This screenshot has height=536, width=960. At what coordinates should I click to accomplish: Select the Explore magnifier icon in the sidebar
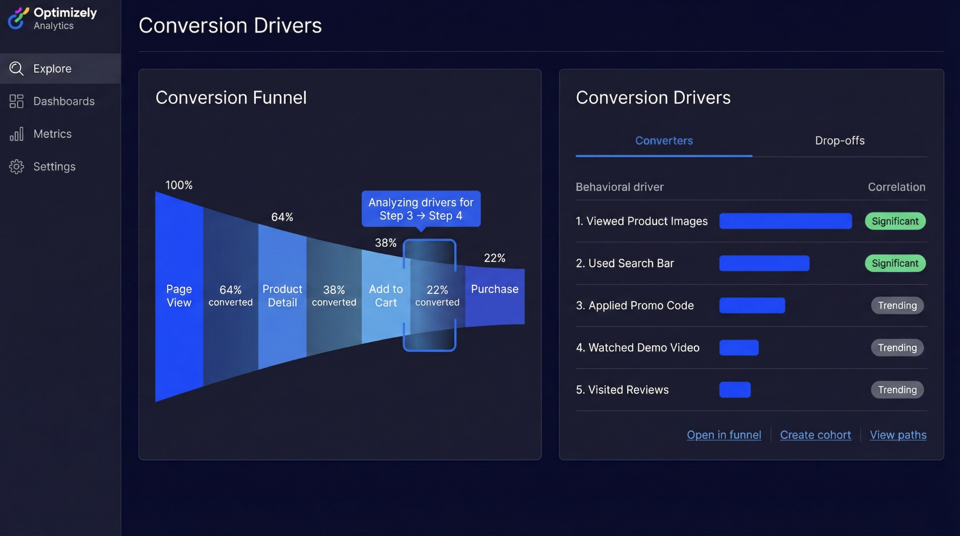(16, 68)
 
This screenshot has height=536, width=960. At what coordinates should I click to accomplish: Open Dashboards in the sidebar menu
(64, 101)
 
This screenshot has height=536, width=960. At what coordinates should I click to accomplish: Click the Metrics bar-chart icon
(16, 134)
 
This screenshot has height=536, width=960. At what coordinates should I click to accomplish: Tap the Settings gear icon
(16, 166)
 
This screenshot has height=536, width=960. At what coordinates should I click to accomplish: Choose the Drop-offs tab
(839, 141)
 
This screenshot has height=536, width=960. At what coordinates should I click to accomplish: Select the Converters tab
(664, 141)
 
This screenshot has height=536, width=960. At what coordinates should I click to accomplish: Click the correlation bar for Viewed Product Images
(785, 221)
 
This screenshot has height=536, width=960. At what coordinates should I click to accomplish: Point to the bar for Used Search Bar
(764, 263)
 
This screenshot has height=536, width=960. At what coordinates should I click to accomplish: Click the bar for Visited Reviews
(735, 390)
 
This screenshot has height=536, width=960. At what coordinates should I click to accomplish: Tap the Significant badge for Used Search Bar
(895, 263)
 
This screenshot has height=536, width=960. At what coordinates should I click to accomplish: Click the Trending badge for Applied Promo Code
(897, 306)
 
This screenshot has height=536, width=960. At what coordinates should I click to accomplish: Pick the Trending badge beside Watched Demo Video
(897, 348)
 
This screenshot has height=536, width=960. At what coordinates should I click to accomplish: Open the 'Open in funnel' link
(724, 435)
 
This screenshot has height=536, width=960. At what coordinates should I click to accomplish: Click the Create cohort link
(815, 435)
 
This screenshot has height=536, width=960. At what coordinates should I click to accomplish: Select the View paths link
(898, 435)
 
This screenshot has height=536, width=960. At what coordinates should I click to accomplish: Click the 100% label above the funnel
(179, 185)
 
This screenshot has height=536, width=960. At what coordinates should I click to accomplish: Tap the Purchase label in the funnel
(494, 289)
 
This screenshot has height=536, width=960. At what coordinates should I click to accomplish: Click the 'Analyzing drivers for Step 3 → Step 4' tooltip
(421, 209)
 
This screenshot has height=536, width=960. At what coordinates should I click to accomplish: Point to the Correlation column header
(896, 187)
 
